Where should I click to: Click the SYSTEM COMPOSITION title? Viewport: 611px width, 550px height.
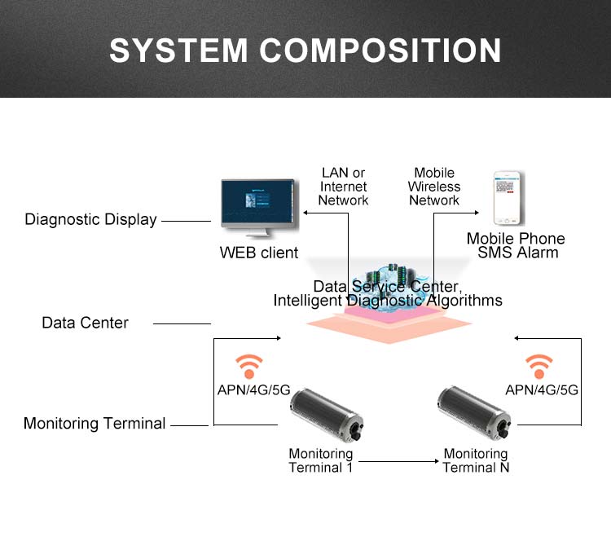click(x=305, y=50)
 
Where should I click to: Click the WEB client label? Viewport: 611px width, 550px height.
click(x=259, y=253)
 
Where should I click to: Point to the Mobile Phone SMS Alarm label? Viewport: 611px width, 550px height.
click(x=516, y=245)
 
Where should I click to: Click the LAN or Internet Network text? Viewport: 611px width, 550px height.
click(x=343, y=187)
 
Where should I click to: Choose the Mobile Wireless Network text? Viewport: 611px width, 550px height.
click(x=434, y=187)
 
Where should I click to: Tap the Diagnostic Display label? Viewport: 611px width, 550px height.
click(x=90, y=219)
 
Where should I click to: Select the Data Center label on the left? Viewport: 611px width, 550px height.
click(x=85, y=323)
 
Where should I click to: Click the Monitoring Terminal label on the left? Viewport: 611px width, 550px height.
click(x=95, y=424)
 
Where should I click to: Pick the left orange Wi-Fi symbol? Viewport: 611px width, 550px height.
click(x=248, y=364)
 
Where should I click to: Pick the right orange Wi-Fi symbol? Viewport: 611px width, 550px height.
click(x=538, y=364)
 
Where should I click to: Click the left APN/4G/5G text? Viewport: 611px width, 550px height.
click(x=253, y=389)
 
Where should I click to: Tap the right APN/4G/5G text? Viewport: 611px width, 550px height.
click(x=542, y=389)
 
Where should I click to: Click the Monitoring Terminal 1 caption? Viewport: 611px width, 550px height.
click(x=321, y=460)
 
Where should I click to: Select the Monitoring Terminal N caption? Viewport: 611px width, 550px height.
click(x=476, y=460)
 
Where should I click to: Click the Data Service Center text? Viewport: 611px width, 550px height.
click(x=388, y=287)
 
